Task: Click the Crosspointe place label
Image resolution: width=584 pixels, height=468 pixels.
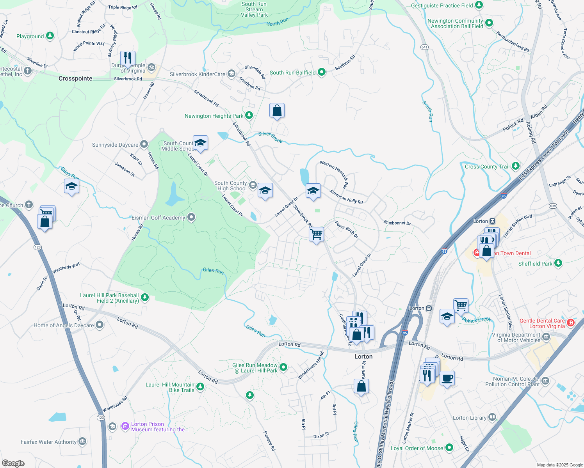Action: click(x=75, y=78)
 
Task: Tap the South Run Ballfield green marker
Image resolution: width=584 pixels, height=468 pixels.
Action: click(x=322, y=72)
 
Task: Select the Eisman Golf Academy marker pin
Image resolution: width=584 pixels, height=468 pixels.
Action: click(x=191, y=217)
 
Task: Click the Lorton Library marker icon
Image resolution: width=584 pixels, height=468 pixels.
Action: click(x=492, y=417)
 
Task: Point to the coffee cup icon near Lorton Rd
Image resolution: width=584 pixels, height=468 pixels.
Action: click(x=447, y=378)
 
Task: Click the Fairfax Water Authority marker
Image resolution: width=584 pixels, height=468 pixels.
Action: click(x=82, y=441)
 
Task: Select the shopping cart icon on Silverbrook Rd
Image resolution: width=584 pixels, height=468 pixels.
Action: click(x=316, y=234)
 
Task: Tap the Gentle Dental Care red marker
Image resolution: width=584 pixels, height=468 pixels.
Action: click(x=571, y=323)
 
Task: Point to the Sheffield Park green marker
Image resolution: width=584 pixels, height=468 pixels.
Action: click(x=558, y=263)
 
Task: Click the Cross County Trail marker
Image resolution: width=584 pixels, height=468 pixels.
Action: click(x=516, y=166)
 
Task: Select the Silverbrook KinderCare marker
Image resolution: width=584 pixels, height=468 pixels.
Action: click(x=231, y=74)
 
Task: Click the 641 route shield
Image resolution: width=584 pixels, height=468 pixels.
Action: click(x=425, y=47)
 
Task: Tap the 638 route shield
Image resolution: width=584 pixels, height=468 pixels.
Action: click(x=553, y=206)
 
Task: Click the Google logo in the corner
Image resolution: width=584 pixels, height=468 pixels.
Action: click(x=13, y=463)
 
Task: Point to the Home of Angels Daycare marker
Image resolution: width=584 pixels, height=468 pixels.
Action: click(x=100, y=325)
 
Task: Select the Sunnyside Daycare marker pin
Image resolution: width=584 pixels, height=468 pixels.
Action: click(x=144, y=144)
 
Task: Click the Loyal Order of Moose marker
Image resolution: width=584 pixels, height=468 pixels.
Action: click(x=449, y=448)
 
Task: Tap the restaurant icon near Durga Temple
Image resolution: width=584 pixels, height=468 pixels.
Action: click(x=128, y=58)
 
